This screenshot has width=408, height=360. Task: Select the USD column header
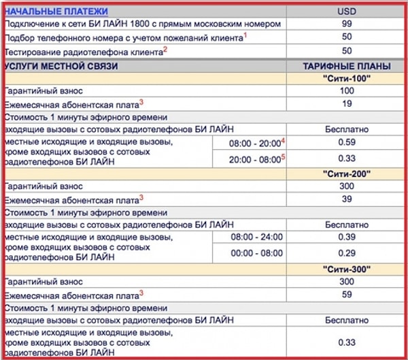346,11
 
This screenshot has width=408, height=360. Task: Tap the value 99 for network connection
346,24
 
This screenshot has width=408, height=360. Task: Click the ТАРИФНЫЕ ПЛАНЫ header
346,66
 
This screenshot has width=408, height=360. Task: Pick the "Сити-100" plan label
346,78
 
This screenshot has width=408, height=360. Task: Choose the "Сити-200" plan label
346,174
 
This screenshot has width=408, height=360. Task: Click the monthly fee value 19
346,103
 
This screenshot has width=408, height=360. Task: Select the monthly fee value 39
346,198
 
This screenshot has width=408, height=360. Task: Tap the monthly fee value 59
346,294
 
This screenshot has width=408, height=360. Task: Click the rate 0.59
346,142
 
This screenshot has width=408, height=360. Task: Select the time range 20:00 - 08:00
255,159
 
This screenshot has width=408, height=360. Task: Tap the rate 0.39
346,238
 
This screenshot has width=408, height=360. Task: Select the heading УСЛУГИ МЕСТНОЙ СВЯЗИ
61,66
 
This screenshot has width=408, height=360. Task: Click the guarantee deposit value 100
346,91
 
